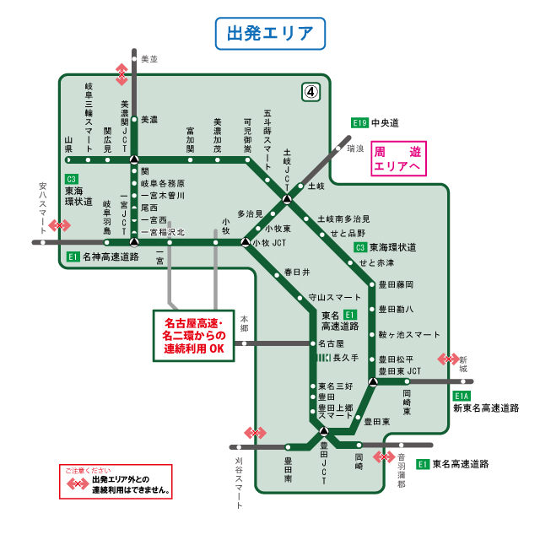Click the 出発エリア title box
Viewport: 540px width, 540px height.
270,35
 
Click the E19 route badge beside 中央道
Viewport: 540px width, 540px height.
360,122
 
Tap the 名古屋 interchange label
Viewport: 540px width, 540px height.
332,343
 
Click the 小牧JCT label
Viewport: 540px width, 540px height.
269,243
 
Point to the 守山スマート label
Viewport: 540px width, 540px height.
335,297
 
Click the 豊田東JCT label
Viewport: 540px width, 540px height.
400,371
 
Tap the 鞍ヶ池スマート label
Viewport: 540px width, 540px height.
409,334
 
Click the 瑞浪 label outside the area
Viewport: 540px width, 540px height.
355,148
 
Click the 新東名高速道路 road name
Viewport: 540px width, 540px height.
486,408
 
